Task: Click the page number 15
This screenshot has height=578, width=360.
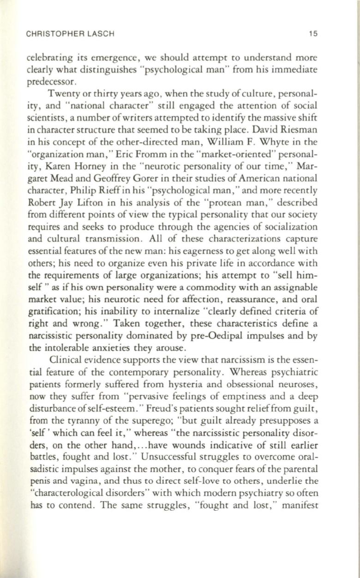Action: (315, 33)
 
